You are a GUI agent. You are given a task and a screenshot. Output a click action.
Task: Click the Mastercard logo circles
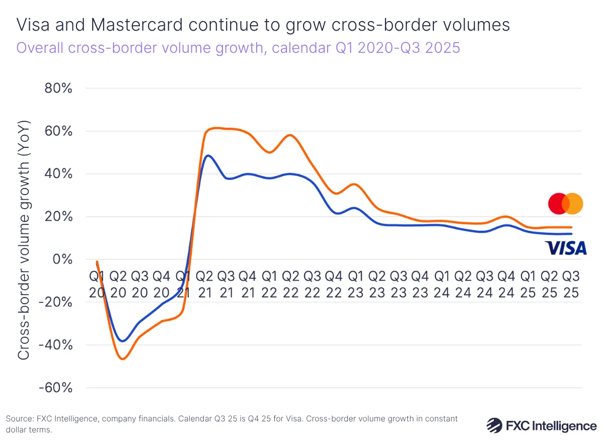565,204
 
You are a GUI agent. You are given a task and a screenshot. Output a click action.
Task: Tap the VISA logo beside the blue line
565,248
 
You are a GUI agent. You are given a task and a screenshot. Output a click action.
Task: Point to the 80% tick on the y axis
59,89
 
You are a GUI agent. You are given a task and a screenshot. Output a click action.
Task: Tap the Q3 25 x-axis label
570,284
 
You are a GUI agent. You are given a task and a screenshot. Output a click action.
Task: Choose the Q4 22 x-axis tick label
333,284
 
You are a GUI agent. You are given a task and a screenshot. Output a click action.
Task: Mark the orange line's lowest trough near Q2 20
122,359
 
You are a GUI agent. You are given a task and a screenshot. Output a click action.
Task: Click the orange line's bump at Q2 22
290,135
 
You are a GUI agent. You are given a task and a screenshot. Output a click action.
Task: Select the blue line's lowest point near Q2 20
122,341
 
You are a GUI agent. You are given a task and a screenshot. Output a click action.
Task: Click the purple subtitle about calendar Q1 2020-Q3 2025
238,48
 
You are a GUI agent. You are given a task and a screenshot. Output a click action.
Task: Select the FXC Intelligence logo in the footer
541,425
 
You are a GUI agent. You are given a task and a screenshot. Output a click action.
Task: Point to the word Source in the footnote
18,418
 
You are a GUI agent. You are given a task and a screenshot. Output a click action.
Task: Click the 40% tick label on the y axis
59,174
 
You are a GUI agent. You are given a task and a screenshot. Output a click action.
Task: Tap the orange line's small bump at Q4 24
506,217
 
